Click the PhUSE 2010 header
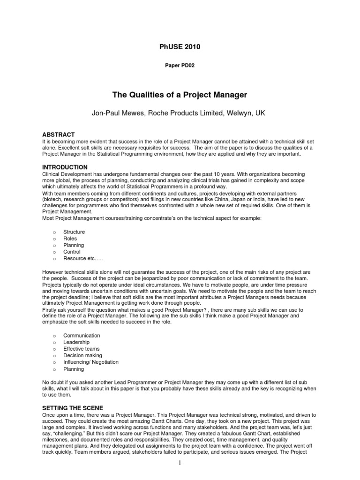[180, 46]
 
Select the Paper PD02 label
[180, 66]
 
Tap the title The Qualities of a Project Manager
[180, 95]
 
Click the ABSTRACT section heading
[59, 135]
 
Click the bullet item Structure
[74, 232]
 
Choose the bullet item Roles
[71, 239]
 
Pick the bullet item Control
[72, 252]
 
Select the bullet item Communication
[82, 336]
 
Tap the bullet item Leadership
[76, 342]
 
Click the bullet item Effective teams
[82, 349]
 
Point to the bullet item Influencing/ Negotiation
[91, 362]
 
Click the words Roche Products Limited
[183, 113]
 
